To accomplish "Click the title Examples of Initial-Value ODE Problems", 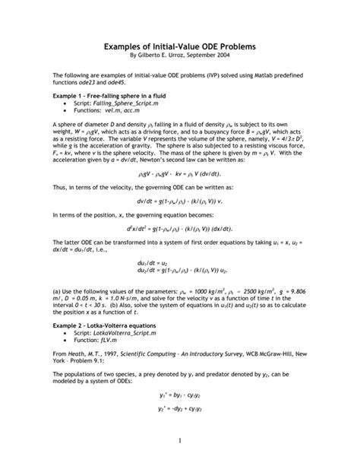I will click(x=179, y=46).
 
